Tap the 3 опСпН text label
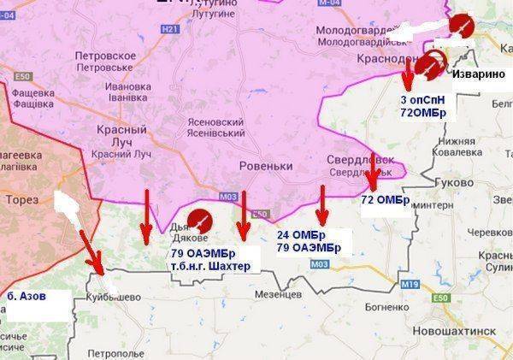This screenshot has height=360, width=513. (422, 100)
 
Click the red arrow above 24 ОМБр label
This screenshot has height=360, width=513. (322, 204)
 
